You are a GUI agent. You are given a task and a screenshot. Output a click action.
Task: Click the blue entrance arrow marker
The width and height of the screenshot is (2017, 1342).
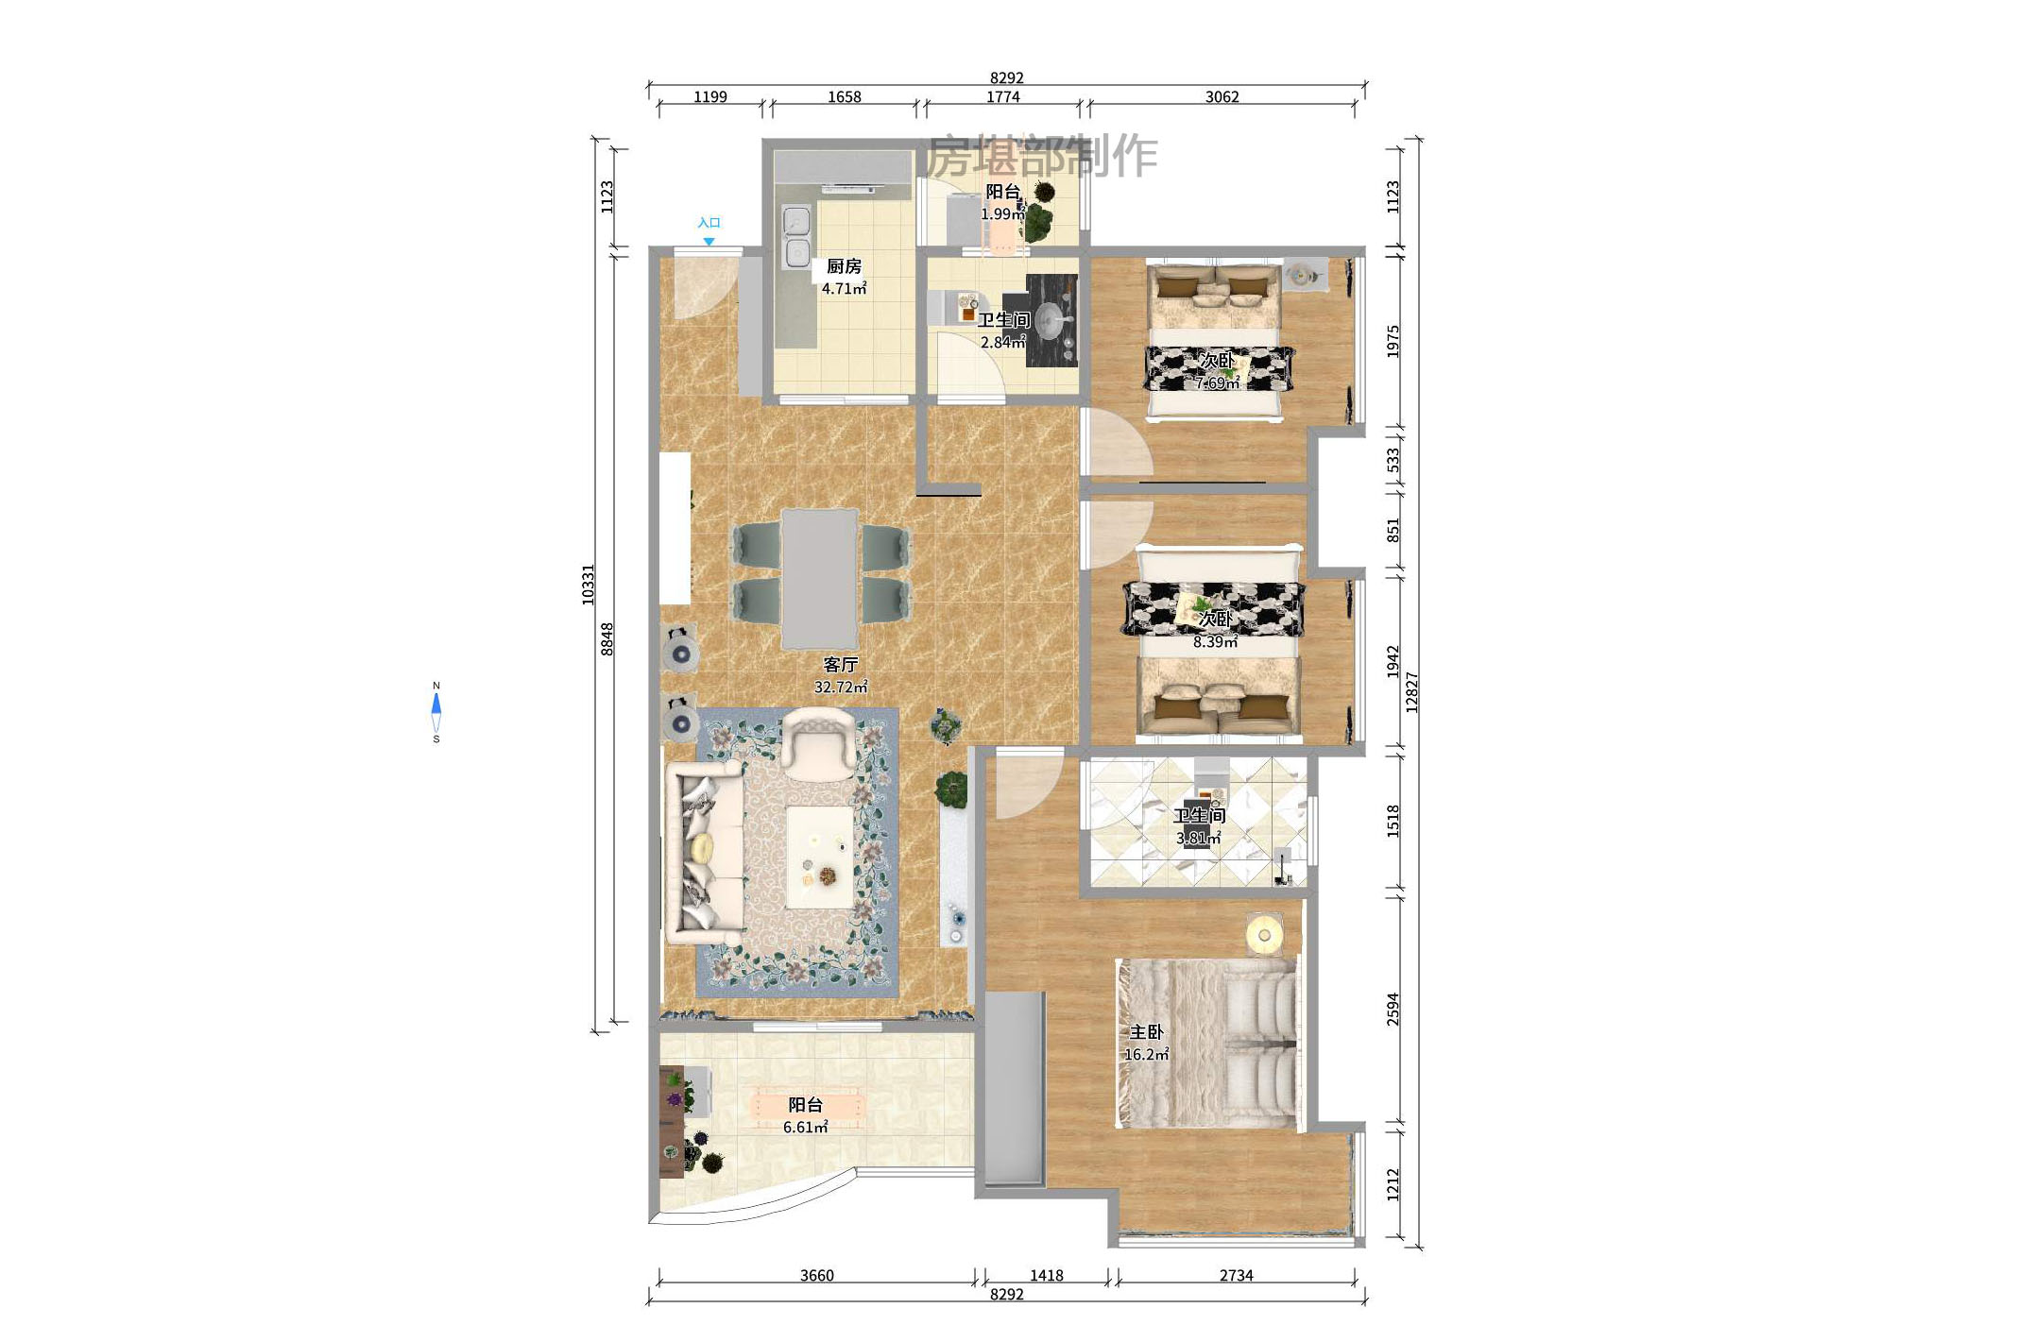709,242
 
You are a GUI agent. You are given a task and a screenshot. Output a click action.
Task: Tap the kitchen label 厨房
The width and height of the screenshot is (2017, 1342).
844,266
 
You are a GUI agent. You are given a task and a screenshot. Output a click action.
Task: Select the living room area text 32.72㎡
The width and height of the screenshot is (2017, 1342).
840,688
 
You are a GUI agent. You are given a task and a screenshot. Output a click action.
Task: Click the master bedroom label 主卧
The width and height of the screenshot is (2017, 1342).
1146,1032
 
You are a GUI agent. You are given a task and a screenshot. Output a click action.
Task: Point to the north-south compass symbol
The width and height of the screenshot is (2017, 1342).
436,712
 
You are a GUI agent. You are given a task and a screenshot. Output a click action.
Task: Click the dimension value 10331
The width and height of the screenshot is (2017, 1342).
588,585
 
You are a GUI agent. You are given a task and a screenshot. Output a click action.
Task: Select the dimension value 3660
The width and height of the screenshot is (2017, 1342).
816,1275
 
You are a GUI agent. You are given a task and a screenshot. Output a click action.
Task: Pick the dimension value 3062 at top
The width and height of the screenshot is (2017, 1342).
1222,96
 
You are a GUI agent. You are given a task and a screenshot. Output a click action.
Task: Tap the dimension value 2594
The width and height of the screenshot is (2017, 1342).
1393,1009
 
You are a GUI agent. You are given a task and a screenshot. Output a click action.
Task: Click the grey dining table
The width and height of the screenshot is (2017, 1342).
820,578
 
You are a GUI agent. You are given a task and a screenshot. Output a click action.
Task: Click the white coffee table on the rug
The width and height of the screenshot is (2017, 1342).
820,858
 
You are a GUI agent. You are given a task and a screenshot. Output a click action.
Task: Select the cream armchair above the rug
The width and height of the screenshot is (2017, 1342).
819,741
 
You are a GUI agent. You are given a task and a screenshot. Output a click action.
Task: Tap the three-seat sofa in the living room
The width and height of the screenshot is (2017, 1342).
703,853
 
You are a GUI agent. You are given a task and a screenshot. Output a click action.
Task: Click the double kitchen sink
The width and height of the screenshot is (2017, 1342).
797,236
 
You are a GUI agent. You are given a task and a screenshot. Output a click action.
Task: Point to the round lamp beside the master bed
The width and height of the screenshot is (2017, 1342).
1264,935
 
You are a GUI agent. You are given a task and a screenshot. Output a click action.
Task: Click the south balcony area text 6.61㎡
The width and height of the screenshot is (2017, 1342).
805,1127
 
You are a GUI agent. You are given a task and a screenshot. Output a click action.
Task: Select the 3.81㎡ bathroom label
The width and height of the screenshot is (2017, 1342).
1198,826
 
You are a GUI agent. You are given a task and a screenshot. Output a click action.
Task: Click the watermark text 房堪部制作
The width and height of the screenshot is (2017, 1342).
1041,156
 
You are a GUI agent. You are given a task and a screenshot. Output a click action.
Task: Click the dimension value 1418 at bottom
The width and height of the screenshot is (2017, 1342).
1046,1275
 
